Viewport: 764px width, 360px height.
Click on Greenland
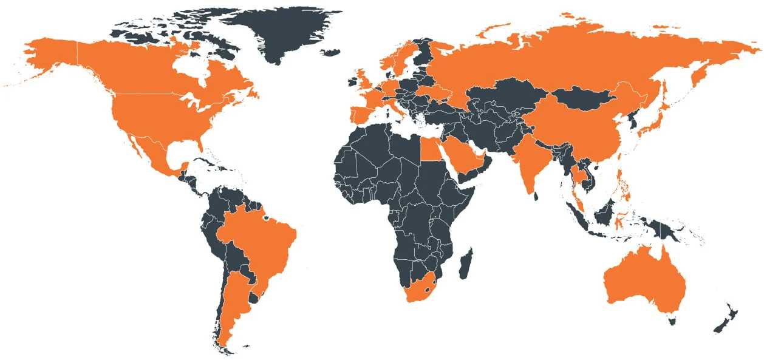pyautogui.click(x=279, y=30)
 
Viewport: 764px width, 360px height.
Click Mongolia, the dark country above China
pyautogui.click(x=583, y=97)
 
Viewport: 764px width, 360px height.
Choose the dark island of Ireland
pyautogui.click(x=350, y=80)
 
